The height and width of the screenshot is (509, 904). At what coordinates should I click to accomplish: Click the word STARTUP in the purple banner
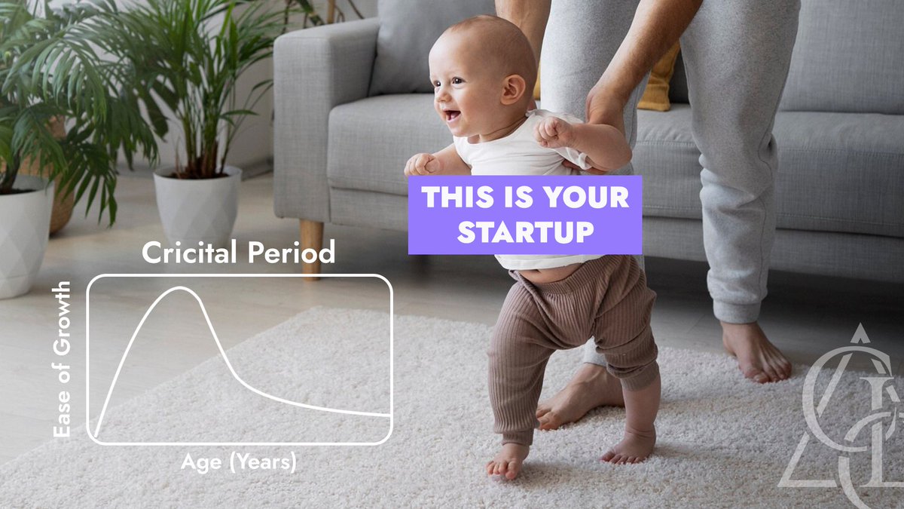pyautogui.click(x=525, y=233)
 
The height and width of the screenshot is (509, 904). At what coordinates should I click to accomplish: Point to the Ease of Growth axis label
pyautogui.click(x=63, y=359)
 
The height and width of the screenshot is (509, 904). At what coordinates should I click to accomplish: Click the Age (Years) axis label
pyautogui.click(x=239, y=461)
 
